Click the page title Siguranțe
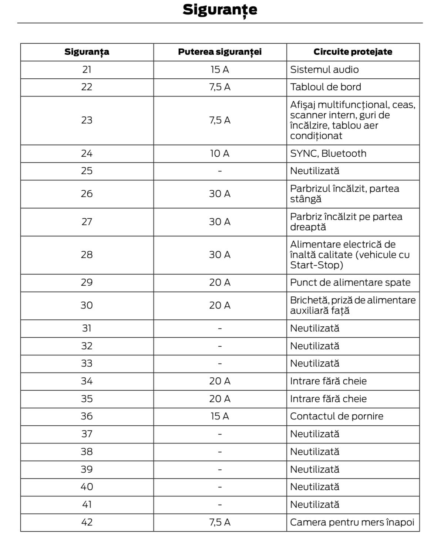[x=220, y=10]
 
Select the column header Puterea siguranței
[x=220, y=52]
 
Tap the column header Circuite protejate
[x=353, y=52]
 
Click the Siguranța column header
[x=87, y=52]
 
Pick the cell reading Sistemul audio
[x=324, y=69]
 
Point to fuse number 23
[x=87, y=120]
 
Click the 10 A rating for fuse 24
[x=220, y=153]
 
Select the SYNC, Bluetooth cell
[x=328, y=153]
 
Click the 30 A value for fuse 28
[x=220, y=255]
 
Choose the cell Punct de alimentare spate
[x=350, y=283]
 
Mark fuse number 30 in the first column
[x=87, y=305]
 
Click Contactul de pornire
[x=336, y=416]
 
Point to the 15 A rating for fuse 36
[x=220, y=416]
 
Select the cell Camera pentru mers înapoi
[x=352, y=522]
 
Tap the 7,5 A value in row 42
[x=220, y=522]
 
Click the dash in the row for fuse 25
[x=220, y=171]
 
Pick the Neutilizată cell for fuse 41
[x=314, y=504]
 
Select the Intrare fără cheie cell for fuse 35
[x=328, y=399]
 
